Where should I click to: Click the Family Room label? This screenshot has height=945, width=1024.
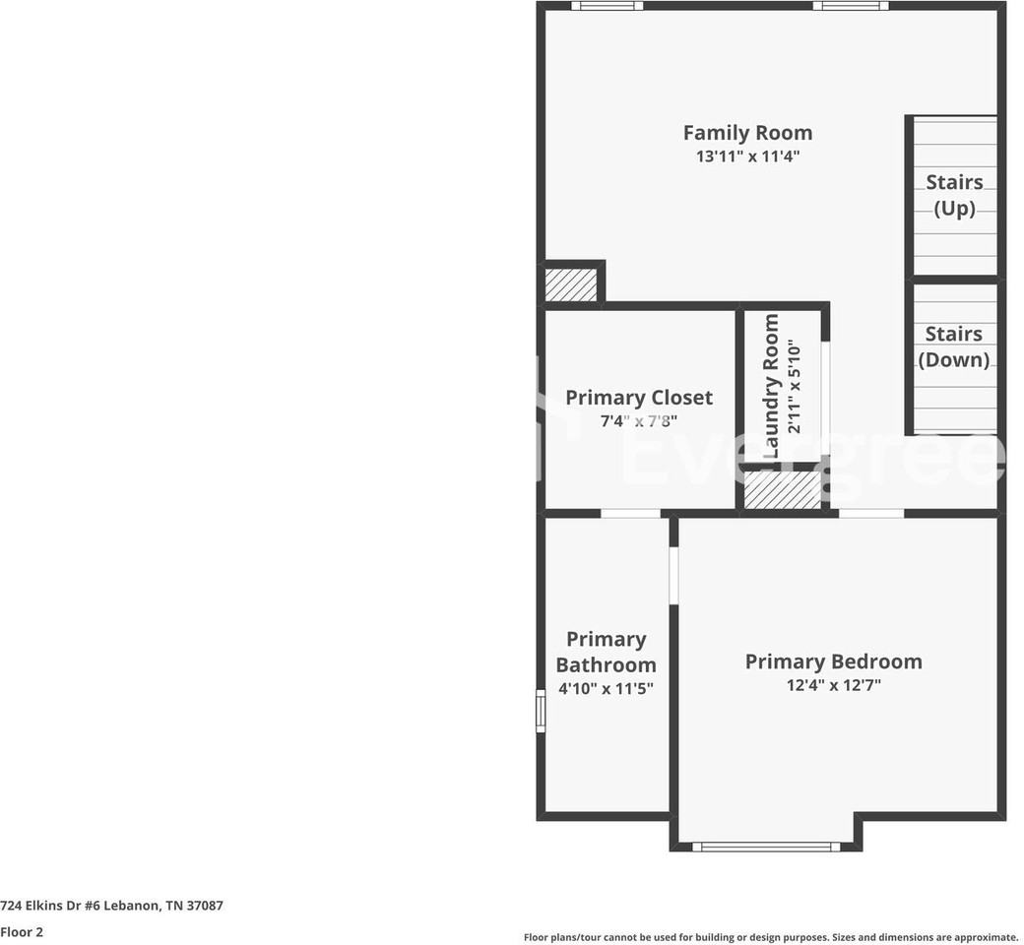click(x=747, y=133)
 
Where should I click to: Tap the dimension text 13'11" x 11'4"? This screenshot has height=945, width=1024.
click(x=747, y=157)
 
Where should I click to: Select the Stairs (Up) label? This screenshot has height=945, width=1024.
click(x=954, y=195)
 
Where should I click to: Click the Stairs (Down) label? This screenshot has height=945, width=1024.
click(x=953, y=346)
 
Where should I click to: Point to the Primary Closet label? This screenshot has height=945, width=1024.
click(x=638, y=398)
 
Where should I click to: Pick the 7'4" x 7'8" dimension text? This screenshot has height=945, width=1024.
click(x=638, y=421)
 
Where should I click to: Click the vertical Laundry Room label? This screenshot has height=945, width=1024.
click(x=771, y=386)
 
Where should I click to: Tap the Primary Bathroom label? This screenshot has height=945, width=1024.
click(x=606, y=652)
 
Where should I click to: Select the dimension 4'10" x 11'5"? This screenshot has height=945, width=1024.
click(x=606, y=689)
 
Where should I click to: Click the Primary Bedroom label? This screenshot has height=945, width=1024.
click(x=833, y=661)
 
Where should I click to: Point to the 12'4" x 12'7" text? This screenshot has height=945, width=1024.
click(x=833, y=685)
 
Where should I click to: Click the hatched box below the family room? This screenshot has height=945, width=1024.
click(x=571, y=284)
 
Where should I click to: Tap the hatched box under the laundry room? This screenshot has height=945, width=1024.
click(x=782, y=489)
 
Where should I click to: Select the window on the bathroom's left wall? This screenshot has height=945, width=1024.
click(x=541, y=711)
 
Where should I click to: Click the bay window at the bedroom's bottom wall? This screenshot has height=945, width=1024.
click(x=766, y=846)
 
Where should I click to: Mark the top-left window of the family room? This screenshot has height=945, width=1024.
click(x=607, y=6)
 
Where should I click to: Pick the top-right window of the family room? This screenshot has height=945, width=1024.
click(x=850, y=6)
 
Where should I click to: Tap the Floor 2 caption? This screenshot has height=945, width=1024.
click(x=22, y=931)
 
